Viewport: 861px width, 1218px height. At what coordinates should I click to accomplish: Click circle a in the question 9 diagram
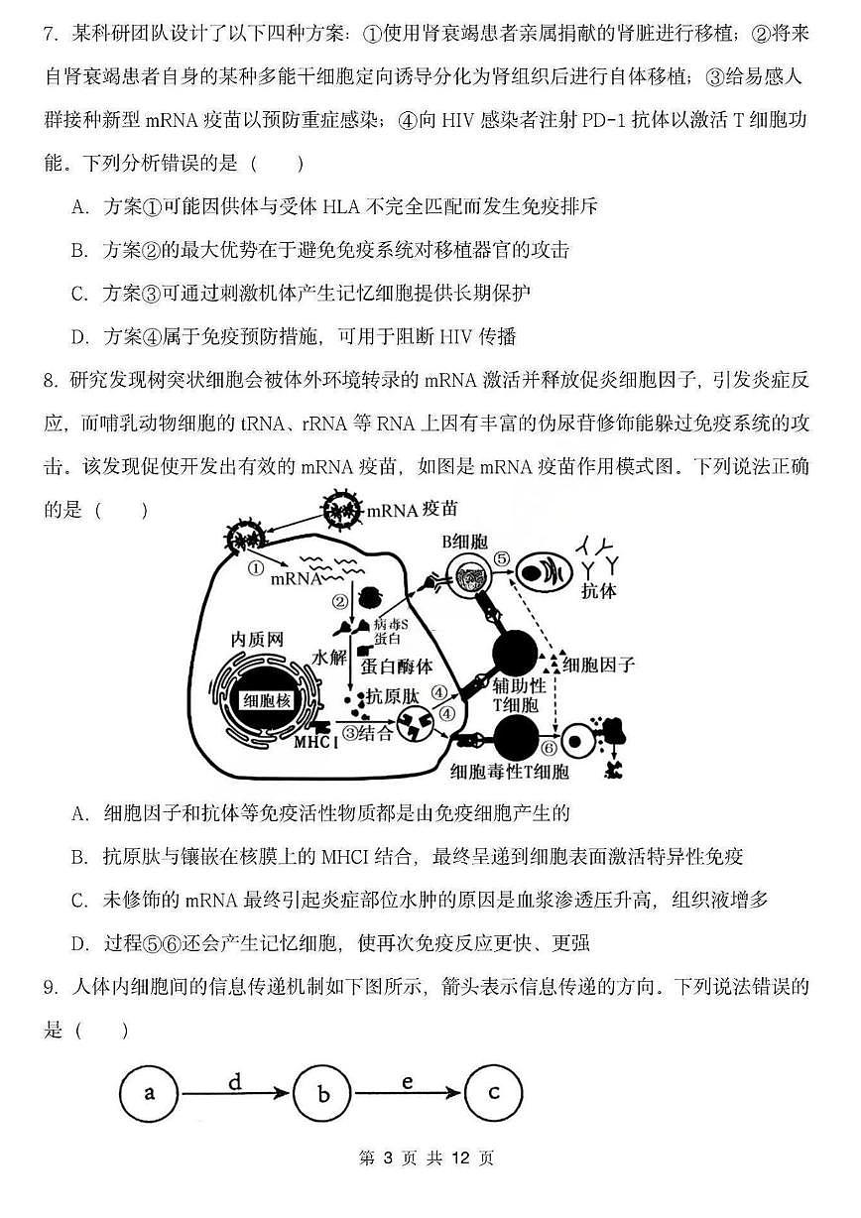[x=149, y=1095]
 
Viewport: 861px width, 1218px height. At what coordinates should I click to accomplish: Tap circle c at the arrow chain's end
[x=493, y=1094]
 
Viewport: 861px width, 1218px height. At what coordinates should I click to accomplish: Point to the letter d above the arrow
[x=234, y=1081]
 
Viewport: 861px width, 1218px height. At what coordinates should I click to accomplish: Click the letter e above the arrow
[x=408, y=1081]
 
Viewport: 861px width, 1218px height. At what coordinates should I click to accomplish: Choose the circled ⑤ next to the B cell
[x=503, y=559]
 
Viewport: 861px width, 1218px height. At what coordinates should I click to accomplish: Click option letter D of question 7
[x=79, y=336]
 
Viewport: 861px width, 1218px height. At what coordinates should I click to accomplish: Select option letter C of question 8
[x=79, y=901]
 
